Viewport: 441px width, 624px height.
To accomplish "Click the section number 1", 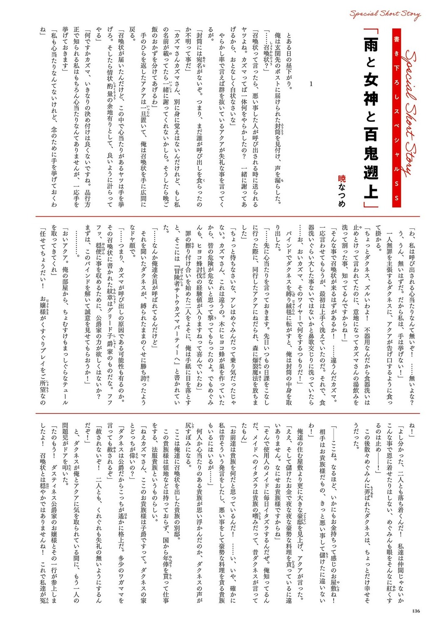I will tap(311, 84).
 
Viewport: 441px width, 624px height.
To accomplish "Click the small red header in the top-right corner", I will tap(384, 15).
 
